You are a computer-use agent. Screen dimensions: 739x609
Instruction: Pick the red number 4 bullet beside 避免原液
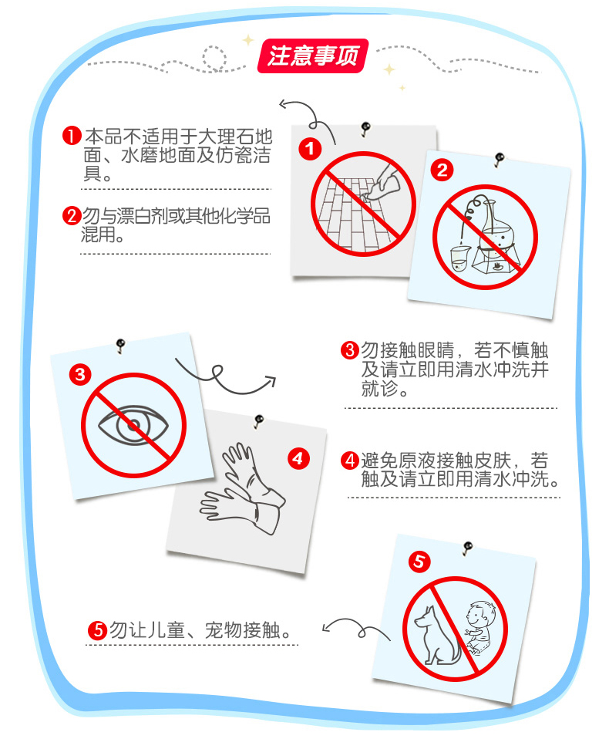(x=350, y=461)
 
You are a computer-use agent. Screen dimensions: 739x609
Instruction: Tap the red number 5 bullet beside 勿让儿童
(x=97, y=629)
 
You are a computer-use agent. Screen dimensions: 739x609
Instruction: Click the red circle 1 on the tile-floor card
(x=310, y=149)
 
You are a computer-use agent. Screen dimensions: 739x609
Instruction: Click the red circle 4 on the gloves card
(x=298, y=459)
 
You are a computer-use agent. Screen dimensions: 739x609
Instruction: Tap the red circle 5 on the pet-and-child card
(x=419, y=562)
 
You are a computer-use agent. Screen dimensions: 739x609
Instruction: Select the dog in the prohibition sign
(x=436, y=636)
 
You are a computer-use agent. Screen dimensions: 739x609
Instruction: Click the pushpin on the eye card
(x=120, y=344)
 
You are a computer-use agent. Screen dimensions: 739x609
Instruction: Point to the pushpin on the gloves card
(x=258, y=420)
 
